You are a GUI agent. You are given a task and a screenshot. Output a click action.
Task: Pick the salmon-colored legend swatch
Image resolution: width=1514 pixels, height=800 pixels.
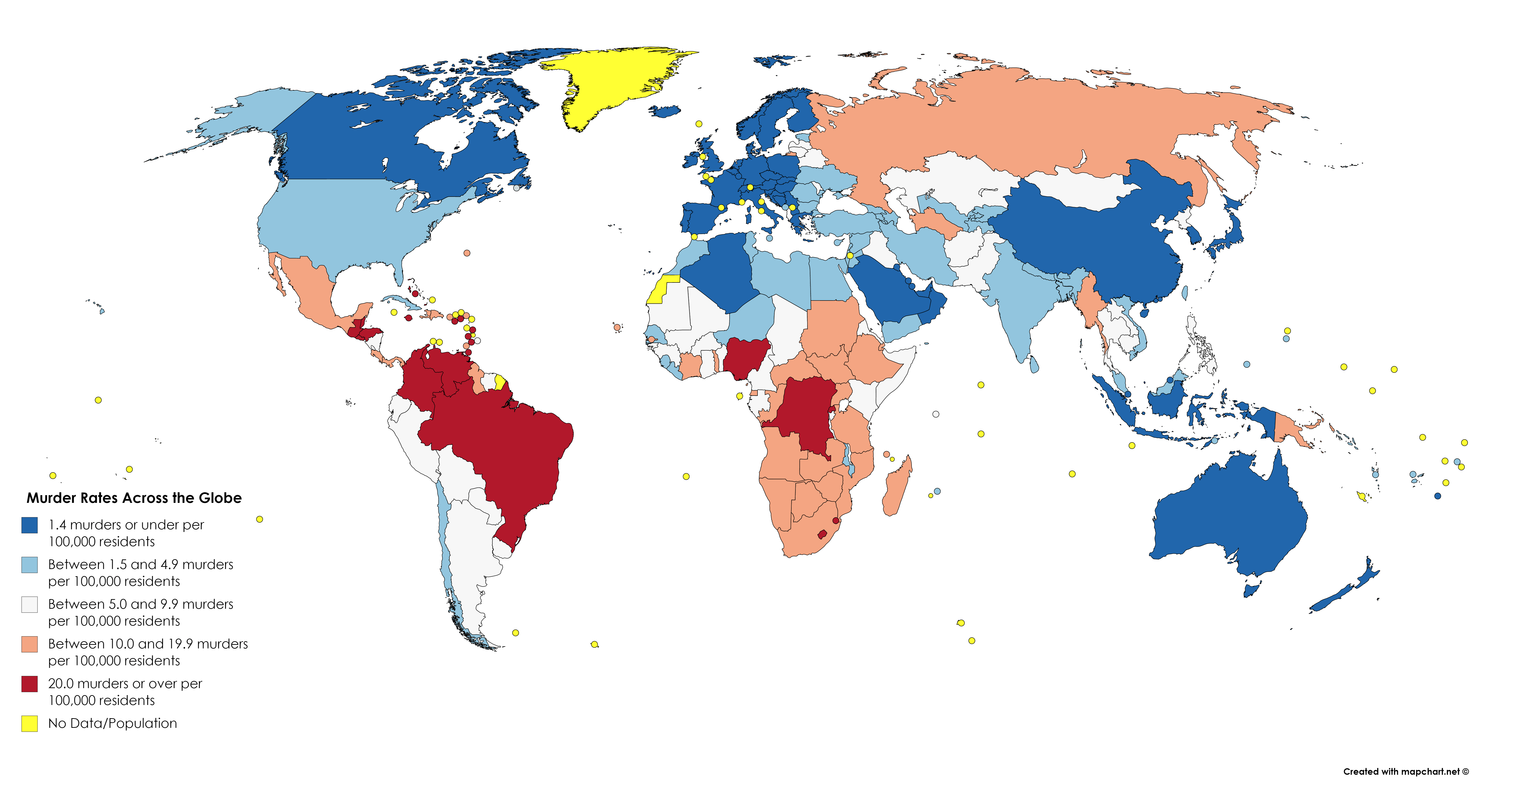tap(29, 644)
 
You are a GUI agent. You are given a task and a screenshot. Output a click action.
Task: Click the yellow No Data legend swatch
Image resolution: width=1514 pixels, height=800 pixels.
tap(29, 723)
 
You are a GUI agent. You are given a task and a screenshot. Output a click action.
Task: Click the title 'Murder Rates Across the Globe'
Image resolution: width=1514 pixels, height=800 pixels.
tap(134, 498)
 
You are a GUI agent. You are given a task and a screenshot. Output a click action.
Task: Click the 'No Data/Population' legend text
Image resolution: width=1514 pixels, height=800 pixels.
tap(112, 723)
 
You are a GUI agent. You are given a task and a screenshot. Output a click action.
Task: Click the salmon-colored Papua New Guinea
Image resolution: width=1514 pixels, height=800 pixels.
tap(1293, 429)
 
